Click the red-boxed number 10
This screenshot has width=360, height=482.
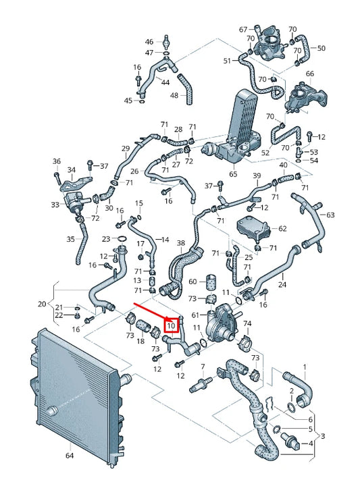[172, 325]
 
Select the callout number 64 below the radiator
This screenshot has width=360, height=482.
[70, 455]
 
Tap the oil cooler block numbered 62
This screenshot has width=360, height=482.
[253, 227]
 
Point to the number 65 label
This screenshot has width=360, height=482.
[233, 174]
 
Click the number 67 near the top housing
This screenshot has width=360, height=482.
[243, 30]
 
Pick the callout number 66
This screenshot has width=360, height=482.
[310, 74]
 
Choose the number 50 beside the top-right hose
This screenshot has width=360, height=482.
[321, 48]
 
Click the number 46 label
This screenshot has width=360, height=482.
[149, 42]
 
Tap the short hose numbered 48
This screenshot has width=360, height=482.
[186, 89]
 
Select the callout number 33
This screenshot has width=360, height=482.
[55, 205]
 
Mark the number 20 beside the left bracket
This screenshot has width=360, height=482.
[42, 304]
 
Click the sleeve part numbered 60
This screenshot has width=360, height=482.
[211, 282]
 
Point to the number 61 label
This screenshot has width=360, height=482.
[195, 315]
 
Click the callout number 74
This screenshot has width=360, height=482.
[247, 323]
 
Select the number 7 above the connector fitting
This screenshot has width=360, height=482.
[203, 367]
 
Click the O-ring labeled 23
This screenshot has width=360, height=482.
[122, 238]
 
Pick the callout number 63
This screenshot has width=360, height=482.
[330, 215]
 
